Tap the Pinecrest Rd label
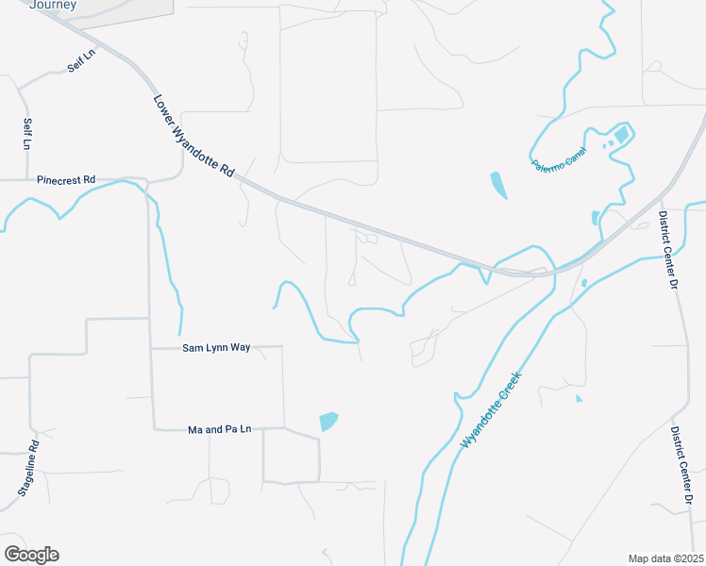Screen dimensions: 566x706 66,179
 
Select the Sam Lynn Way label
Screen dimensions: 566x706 216,348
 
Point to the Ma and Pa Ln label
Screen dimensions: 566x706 220,430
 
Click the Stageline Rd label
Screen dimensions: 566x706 27,469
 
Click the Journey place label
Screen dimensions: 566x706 53,5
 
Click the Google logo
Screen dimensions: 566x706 31,555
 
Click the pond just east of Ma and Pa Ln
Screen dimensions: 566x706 328,421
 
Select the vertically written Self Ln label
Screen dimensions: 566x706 27,135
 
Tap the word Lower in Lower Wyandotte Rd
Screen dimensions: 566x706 165,108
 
